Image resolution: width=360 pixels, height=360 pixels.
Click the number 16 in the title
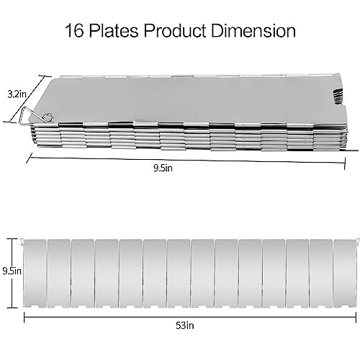point(74,31)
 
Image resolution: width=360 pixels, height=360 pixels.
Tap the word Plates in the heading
point(114,31)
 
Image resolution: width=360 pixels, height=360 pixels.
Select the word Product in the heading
point(175,31)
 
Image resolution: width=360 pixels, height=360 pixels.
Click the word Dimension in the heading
point(253,31)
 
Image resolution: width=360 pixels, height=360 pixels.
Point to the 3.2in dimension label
point(17,94)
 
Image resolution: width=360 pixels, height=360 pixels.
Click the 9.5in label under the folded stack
point(163,168)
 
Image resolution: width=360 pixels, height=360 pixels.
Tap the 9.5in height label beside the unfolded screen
point(12,271)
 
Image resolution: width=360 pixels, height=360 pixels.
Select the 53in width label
point(185,325)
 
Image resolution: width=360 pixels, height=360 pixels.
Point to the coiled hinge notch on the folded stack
point(338,96)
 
